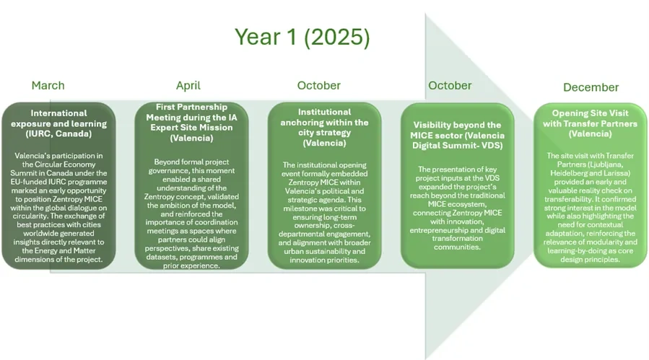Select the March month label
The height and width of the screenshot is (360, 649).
point(48,85)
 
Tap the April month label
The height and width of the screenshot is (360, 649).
point(188,85)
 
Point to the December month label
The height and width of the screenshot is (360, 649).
point(591,87)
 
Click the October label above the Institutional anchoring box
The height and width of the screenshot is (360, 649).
point(318,85)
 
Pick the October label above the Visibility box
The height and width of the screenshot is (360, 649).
point(450,85)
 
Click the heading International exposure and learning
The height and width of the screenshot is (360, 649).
point(58,118)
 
